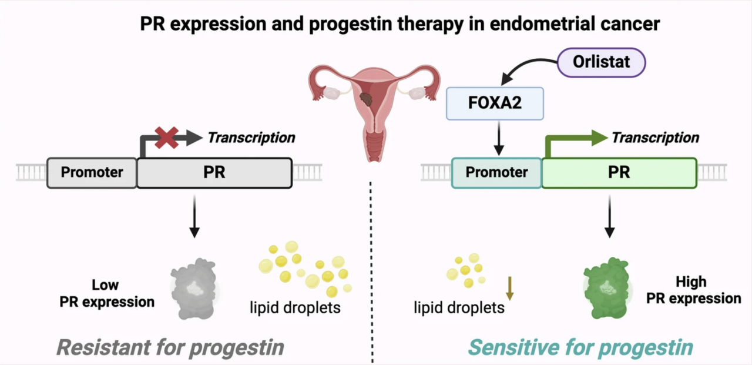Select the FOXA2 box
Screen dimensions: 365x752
click(495, 104)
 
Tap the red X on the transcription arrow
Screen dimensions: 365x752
click(167, 137)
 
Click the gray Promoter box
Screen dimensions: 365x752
click(92, 173)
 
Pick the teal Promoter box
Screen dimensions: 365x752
click(496, 173)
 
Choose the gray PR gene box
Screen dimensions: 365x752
click(214, 173)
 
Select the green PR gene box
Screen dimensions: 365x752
click(619, 173)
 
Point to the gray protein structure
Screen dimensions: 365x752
click(193, 288)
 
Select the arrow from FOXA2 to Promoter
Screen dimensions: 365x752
click(498, 140)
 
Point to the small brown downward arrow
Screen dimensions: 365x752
click(510, 287)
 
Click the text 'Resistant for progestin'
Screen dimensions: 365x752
click(170, 347)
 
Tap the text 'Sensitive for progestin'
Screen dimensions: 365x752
click(580, 347)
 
